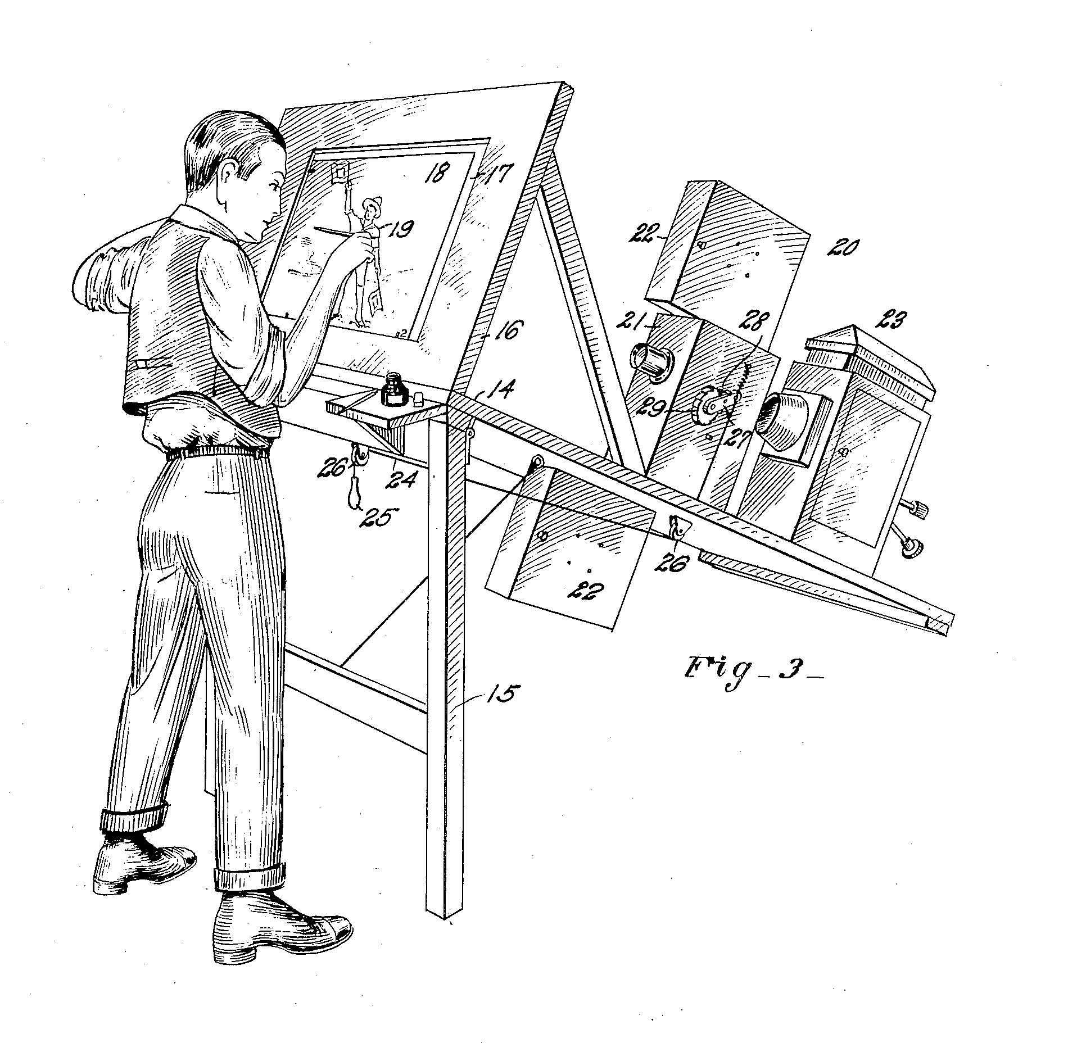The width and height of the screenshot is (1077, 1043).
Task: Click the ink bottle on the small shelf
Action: [x=392, y=391]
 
